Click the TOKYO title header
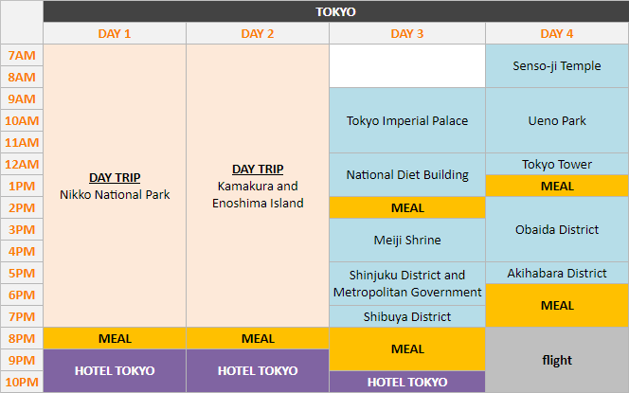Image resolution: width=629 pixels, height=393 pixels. pos(335,11)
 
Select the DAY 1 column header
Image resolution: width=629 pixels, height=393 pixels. pos(115,34)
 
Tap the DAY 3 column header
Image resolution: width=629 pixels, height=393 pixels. pos(407,34)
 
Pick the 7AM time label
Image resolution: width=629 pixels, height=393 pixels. pos(21,56)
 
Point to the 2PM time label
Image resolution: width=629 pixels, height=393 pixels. pos(21,207)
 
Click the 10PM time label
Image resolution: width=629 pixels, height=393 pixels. pos(21,382)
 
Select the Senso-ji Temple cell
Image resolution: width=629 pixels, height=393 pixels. pos(557,66)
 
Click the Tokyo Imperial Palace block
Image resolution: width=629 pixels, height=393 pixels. pos(407,120)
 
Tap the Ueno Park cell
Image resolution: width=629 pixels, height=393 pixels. pos(557,120)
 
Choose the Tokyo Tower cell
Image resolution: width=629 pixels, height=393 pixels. pos(557,164)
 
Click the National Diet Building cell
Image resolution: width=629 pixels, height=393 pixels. pos(407,174)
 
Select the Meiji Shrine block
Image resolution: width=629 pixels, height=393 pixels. pos(407,241)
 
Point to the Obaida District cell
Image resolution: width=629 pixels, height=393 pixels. pos(557,229)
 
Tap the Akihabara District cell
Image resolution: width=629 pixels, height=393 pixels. pos(557,273)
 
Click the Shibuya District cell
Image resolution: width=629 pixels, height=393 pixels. pos(407,316)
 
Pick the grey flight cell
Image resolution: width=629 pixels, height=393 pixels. pos(557,360)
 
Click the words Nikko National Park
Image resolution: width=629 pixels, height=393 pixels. pos(115,195)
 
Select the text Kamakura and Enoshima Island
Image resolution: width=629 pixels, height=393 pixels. pos(258,195)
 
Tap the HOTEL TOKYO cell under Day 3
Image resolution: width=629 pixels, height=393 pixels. pos(407,382)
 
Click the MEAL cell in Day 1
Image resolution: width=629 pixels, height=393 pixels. pos(115,338)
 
